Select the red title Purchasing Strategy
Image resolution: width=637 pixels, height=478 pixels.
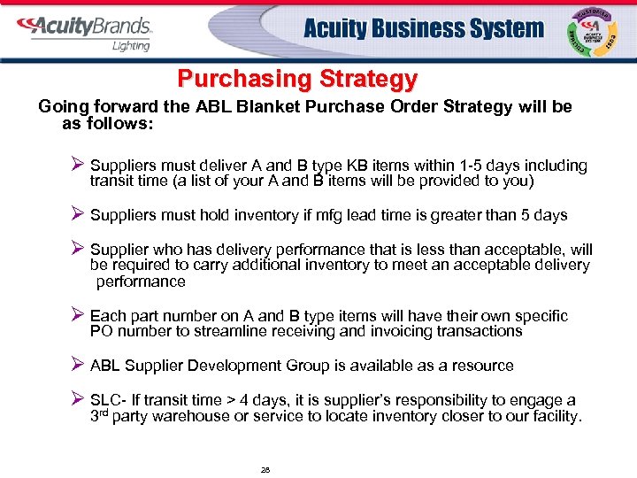[x=296, y=79]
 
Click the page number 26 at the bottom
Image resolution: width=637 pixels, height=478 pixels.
[x=265, y=470]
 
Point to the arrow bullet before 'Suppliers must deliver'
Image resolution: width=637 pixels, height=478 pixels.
[x=76, y=166]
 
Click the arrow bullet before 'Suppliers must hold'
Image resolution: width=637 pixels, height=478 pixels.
[x=76, y=215]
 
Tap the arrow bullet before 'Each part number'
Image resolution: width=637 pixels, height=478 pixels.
[x=76, y=316]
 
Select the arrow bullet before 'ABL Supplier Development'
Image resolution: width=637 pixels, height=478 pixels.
[x=76, y=366]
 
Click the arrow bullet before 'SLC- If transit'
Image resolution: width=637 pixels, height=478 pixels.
[x=76, y=400]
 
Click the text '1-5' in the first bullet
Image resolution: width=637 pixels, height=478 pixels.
[x=436, y=166]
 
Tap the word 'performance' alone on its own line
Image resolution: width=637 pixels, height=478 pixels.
[x=141, y=281]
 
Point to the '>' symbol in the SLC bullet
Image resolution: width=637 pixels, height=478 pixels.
[x=248, y=401]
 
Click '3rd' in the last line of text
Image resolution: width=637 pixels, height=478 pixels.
[x=103, y=416]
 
